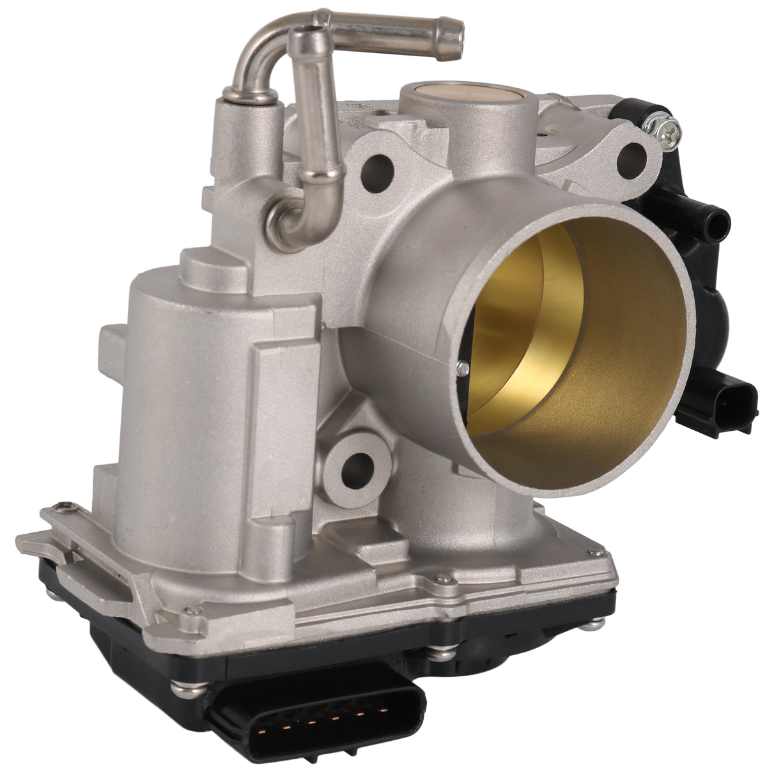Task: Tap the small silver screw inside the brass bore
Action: [x=461, y=366]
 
